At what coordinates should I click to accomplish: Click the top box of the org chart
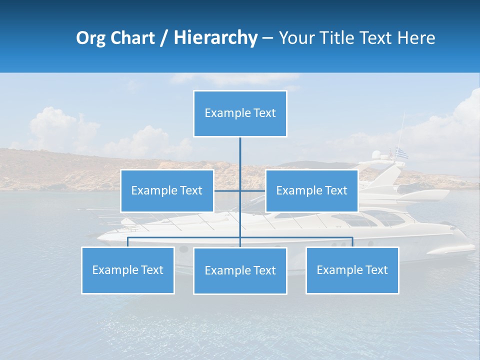(x=240, y=113)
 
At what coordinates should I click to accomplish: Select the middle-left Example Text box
(x=167, y=190)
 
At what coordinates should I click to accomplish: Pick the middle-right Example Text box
(x=311, y=190)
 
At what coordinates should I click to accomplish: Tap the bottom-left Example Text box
(x=127, y=270)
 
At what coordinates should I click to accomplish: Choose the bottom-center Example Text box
(x=240, y=270)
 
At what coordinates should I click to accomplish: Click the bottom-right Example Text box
(x=352, y=270)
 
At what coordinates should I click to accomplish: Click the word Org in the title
(x=90, y=38)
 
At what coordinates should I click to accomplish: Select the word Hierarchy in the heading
(x=215, y=38)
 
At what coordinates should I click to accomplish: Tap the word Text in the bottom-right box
(x=376, y=270)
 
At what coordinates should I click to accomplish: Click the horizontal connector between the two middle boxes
(x=227, y=190)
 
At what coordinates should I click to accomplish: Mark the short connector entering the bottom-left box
(x=127, y=242)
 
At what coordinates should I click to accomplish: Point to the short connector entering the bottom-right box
(x=352, y=242)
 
